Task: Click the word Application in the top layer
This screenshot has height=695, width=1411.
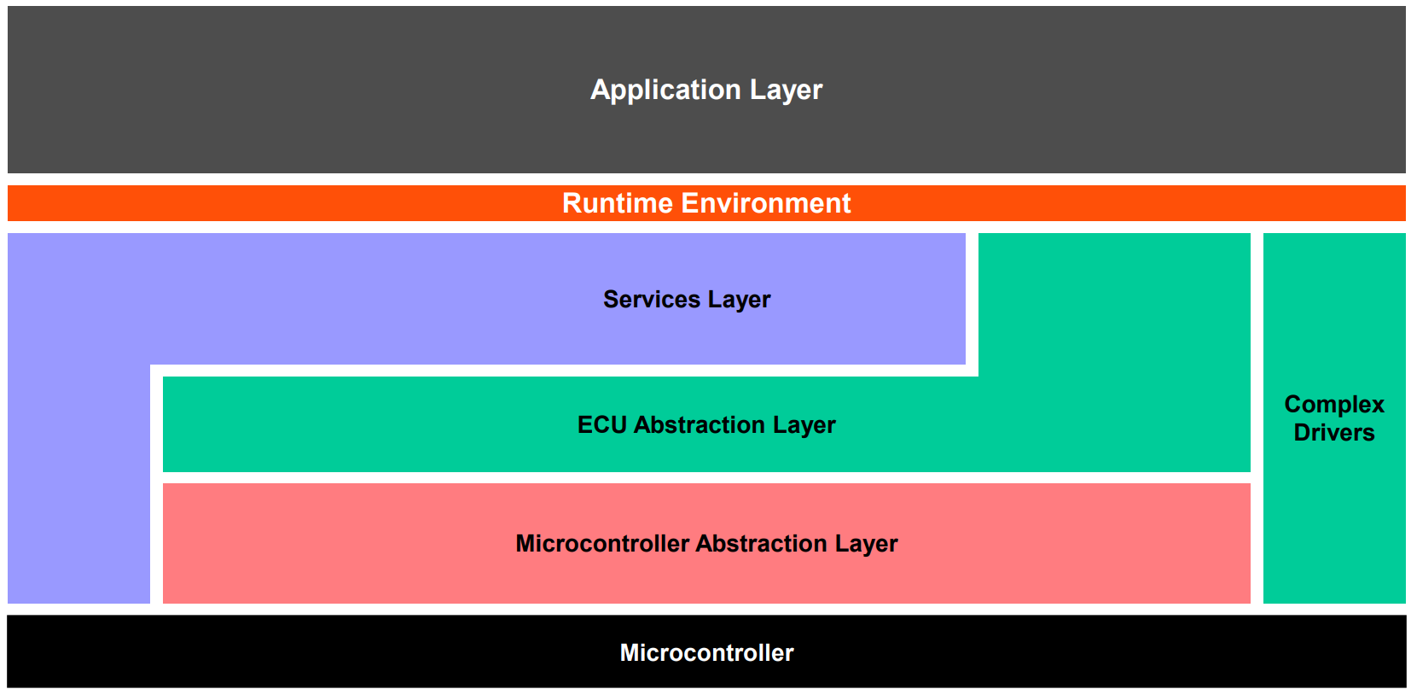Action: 665,91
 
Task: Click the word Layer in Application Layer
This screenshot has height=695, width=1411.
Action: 787,90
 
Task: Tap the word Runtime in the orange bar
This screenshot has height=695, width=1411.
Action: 618,203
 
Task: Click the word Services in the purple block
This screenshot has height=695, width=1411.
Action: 651,299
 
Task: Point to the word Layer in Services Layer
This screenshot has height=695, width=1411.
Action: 739,300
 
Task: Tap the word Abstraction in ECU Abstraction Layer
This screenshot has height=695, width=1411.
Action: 700,424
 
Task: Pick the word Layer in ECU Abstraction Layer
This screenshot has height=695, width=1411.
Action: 804,425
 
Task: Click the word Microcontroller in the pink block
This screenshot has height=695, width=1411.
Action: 601,544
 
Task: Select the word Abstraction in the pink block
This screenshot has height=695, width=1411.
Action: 761,544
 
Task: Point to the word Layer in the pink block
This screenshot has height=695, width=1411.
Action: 866,544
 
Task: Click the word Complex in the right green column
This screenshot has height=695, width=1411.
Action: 1334,405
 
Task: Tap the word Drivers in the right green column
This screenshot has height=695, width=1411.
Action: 1334,433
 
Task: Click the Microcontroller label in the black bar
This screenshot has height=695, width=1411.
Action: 706,653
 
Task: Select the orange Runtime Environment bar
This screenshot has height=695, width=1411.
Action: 706,203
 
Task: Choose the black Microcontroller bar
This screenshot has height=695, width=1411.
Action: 706,651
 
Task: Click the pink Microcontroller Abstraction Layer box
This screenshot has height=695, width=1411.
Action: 706,544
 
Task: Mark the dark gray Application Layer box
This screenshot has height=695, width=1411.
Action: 706,90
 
